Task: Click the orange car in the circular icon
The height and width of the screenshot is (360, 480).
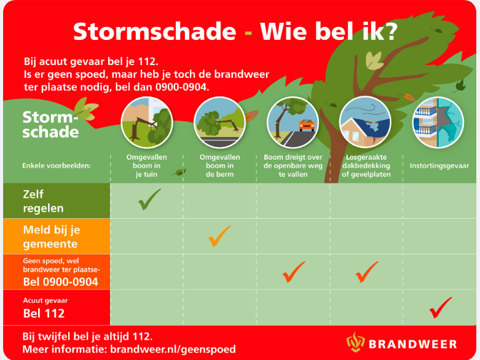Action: point(307,125)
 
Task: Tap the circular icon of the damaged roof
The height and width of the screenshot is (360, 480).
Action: point(365,122)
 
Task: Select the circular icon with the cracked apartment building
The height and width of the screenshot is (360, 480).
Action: point(438,122)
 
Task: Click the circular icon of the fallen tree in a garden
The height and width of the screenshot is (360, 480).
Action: point(147,122)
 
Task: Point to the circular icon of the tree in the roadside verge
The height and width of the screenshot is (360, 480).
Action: point(220,122)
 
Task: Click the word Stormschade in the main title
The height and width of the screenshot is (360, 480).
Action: point(155,31)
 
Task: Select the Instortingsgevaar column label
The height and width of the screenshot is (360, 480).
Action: point(439,166)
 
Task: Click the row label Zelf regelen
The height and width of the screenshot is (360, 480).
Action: point(43,201)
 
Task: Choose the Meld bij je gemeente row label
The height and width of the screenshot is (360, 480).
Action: point(52,237)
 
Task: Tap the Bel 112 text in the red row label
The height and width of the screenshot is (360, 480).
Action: point(44,313)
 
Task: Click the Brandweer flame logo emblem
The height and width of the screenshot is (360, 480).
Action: point(355,342)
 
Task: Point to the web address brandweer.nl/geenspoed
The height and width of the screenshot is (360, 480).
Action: point(173,350)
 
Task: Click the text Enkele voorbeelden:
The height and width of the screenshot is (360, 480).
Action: point(57,166)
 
